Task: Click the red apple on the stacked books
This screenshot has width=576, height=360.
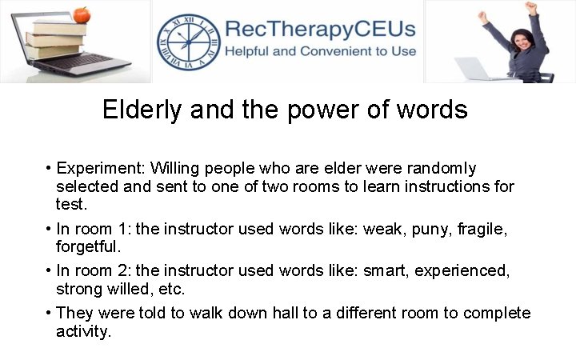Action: click(80, 14)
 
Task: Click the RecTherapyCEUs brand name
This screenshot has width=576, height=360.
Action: click(320, 30)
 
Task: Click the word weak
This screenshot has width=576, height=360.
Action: click(382, 230)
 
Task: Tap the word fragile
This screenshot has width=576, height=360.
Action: click(483, 230)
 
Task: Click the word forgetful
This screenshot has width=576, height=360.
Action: click(88, 247)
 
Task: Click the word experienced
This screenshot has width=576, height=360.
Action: click(462, 271)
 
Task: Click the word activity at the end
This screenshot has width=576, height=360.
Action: click(83, 330)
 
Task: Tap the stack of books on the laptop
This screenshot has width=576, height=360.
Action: click(56, 36)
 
